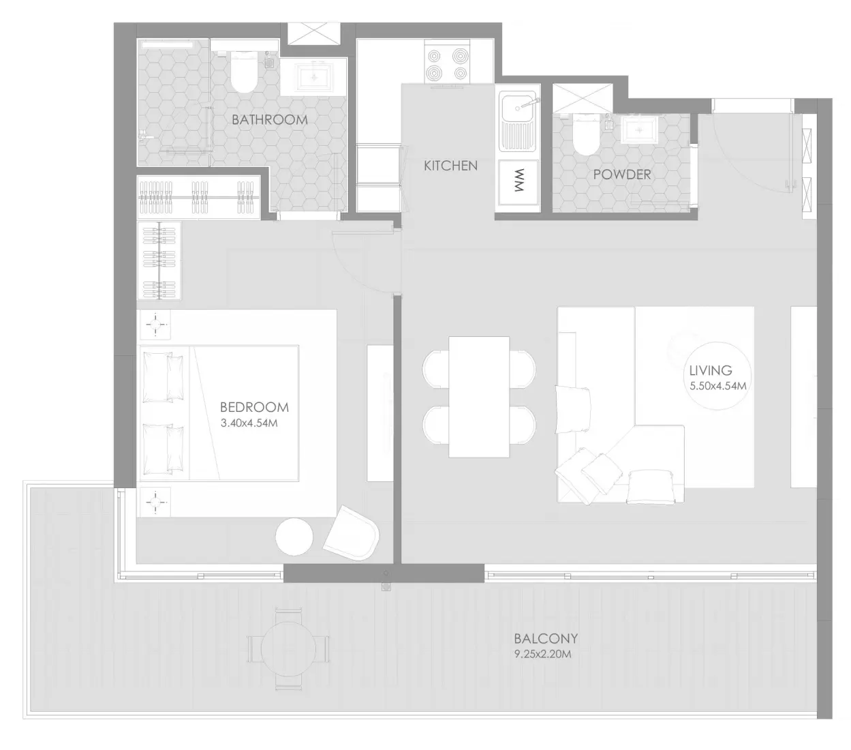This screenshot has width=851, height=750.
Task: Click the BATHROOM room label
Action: click(269, 120)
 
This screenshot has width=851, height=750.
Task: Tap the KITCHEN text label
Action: click(450, 166)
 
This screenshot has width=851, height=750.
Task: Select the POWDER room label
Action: click(621, 175)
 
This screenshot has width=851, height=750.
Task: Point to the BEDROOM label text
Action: click(254, 407)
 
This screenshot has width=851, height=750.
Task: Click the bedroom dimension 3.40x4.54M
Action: click(249, 423)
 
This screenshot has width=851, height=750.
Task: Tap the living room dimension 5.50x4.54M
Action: click(717, 386)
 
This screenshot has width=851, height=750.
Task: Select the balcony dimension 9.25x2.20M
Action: click(542, 653)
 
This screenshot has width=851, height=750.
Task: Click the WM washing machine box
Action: click(518, 182)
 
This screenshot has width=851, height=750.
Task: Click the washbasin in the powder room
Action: click(638, 127)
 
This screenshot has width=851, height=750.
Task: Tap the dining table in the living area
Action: click(479, 397)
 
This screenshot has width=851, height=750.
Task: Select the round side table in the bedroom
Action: click(294, 537)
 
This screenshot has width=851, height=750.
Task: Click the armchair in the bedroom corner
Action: click(351, 533)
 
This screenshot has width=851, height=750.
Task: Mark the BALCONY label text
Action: click(546, 639)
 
